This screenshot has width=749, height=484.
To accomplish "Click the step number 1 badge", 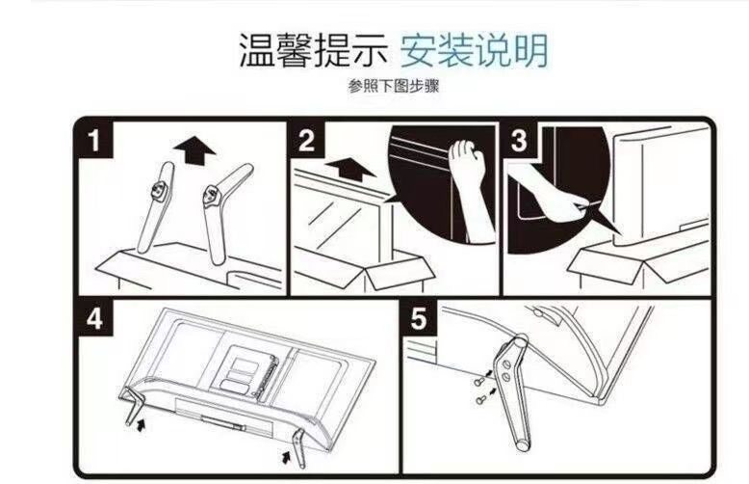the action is click(94, 140).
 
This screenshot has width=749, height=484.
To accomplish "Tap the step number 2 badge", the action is click(307, 140).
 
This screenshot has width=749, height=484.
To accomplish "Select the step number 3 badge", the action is click(519, 140).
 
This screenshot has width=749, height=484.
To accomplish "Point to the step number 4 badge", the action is click(94, 317).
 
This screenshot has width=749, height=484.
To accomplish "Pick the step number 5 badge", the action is click(419, 317).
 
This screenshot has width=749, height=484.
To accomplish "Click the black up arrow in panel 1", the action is click(194, 149).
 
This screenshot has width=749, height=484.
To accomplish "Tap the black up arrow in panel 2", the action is click(351, 169).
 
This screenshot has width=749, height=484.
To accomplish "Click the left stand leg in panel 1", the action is click(156, 207).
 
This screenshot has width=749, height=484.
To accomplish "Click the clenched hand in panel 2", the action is click(471, 186).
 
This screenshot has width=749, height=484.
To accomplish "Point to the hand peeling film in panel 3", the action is click(550, 194).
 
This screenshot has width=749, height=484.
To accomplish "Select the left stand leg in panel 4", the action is click(132, 406).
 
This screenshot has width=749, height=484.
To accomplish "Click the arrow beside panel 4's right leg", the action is click(286, 457).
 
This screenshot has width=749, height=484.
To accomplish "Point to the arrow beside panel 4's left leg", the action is click(141, 424).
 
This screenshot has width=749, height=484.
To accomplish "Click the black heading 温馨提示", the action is click(313, 50).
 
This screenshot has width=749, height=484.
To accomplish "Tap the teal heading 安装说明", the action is click(474, 50).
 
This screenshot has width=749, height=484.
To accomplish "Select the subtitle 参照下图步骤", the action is click(394, 87).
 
